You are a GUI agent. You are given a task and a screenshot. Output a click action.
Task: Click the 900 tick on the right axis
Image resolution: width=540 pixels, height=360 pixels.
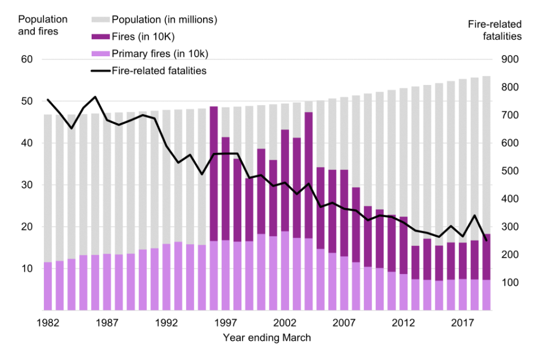508,60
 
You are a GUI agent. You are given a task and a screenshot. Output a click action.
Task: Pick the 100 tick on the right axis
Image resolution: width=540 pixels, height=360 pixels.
508,282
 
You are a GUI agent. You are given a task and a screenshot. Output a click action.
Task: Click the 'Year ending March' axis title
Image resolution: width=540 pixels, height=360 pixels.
267,338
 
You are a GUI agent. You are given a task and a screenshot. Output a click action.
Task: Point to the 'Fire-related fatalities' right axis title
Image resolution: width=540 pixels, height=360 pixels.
494,30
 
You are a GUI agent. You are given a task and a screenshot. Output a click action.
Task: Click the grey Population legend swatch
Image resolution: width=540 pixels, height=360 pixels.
100,20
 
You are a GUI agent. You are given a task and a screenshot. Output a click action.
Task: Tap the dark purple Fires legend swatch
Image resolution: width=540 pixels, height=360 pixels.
100,37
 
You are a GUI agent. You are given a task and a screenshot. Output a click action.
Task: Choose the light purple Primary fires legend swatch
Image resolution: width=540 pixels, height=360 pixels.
100,54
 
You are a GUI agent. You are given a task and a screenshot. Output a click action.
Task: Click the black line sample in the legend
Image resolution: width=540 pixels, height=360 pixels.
100,71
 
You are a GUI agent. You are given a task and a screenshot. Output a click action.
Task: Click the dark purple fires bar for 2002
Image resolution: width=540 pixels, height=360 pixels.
285,180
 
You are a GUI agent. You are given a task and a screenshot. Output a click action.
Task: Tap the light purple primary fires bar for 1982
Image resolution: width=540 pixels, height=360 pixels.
48,286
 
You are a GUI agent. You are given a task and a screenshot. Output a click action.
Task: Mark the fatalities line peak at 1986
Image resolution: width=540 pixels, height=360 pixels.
96,97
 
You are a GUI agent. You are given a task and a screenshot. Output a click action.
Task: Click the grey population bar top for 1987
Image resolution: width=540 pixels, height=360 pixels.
107,114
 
